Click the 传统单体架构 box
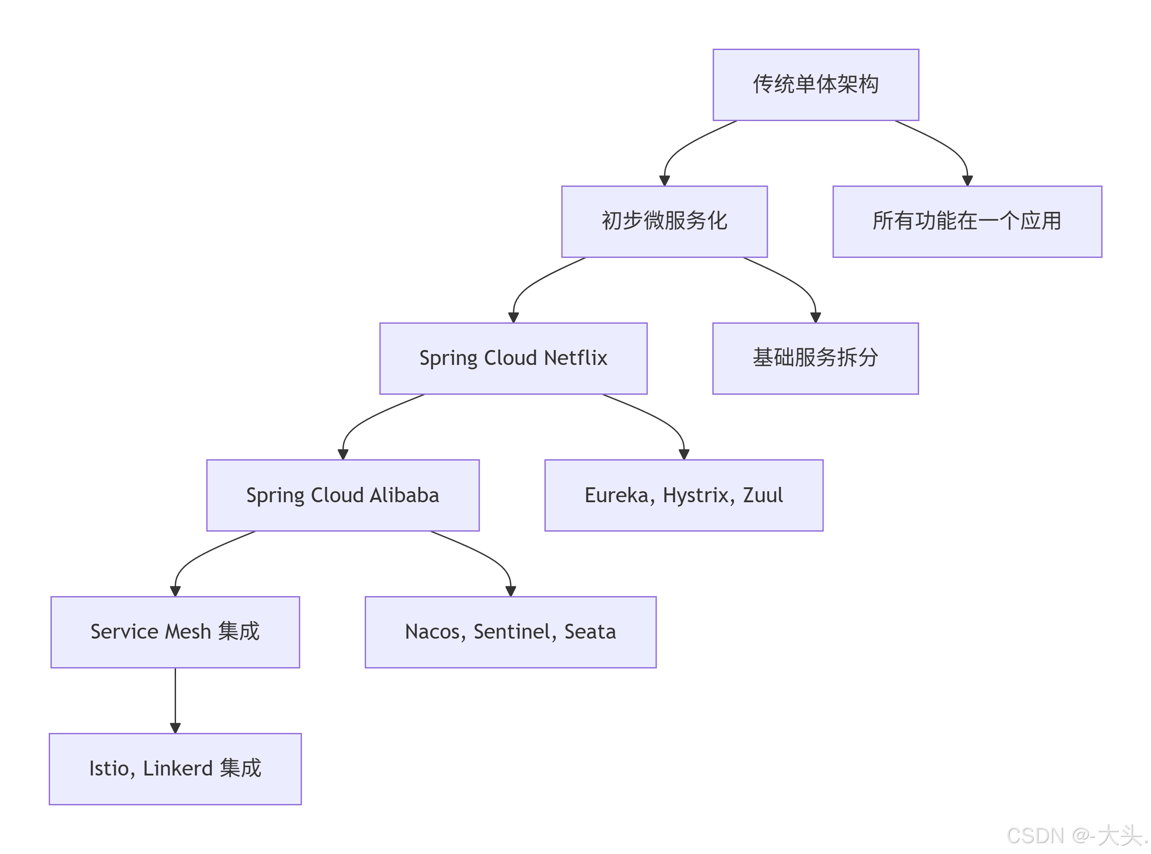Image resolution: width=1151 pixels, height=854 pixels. (x=815, y=85)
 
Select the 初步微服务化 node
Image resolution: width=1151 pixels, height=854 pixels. (x=664, y=221)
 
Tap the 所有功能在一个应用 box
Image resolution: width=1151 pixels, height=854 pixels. (x=967, y=221)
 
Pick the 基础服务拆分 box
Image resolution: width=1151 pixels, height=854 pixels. (x=815, y=358)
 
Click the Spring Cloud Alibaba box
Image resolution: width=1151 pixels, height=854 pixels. (x=342, y=495)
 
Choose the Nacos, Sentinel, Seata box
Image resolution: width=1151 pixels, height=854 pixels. (x=510, y=632)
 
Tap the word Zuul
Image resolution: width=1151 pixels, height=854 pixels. (x=763, y=495)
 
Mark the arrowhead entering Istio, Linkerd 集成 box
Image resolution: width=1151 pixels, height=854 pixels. (x=175, y=728)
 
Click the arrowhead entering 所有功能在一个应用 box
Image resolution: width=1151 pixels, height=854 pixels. (x=967, y=181)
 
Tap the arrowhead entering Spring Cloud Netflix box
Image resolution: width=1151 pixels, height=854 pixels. (x=513, y=318)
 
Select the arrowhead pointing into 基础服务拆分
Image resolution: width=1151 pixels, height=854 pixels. (x=815, y=318)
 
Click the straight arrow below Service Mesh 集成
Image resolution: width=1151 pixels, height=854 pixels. (x=175, y=698)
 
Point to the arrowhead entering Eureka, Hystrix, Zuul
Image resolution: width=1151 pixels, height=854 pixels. (x=683, y=454)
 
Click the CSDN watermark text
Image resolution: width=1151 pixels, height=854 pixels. (x=1076, y=836)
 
